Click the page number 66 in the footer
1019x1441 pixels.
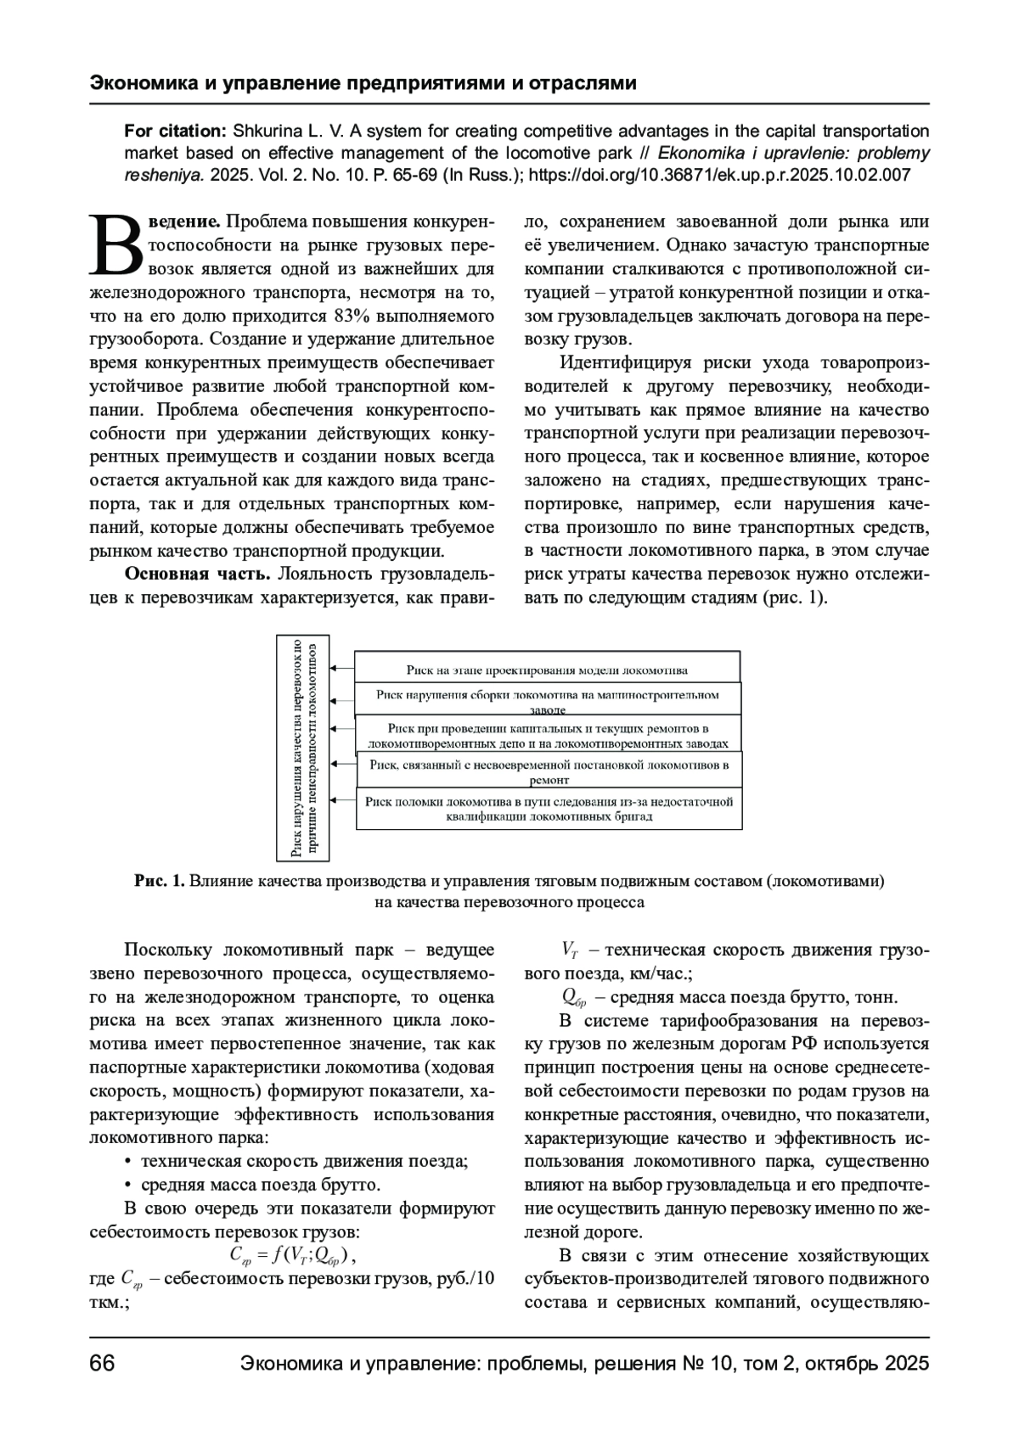click(x=102, y=1364)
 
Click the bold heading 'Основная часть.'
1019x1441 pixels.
click(x=197, y=574)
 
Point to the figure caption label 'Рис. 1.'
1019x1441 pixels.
click(x=159, y=881)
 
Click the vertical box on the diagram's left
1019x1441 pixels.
click(x=303, y=748)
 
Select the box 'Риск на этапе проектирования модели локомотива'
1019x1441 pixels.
click(x=547, y=670)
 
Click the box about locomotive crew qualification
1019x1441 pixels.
click(x=549, y=810)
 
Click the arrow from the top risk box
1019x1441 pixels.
click(x=341, y=670)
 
